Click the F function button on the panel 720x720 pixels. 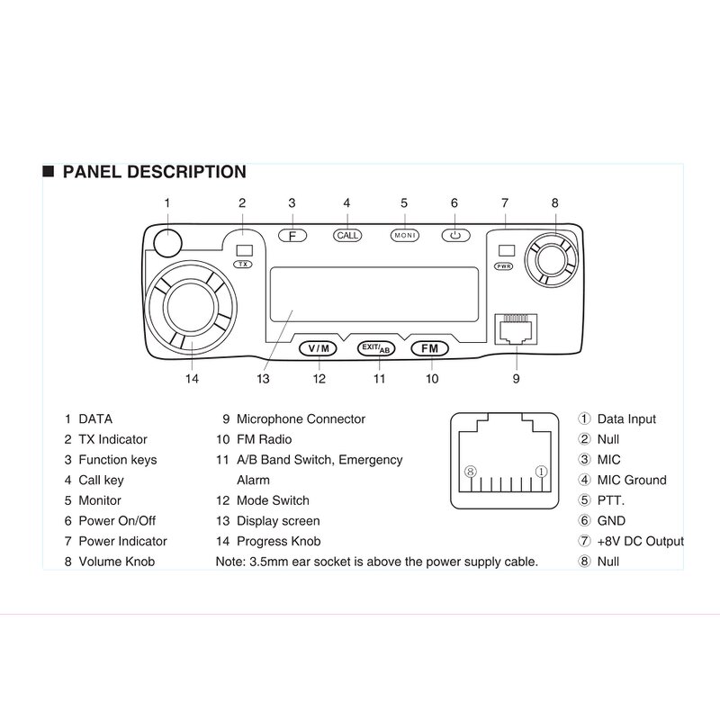click(x=292, y=235)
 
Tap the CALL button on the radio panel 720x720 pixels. click(x=346, y=235)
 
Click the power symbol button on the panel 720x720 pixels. click(x=455, y=235)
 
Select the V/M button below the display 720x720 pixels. click(x=318, y=348)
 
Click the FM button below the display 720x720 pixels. click(x=429, y=348)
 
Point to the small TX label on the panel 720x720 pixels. click(x=243, y=265)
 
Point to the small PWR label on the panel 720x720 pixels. click(x=504, y=266)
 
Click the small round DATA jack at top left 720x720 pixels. click(x=166, y=241)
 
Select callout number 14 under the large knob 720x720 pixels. click(x=192, y=379)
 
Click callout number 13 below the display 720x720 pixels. click(x=263, y=379)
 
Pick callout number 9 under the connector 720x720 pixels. click(x=517, y=379)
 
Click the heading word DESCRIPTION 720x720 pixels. click(x=185, y=172)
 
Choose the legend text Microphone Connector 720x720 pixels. click(x=301, y=418)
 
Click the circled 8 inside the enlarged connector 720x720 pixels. click(x=468, y=472)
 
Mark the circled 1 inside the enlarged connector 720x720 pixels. click(x=541, y=472)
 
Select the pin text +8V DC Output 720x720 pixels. click(x=640, y=541)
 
